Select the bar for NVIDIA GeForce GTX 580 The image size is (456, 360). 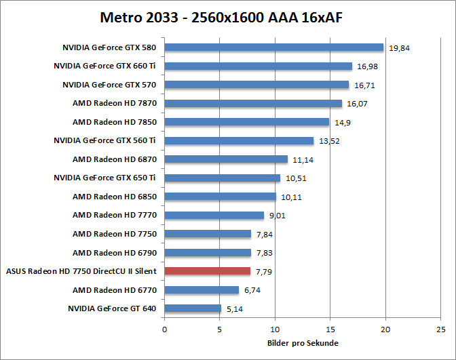coord(274,47)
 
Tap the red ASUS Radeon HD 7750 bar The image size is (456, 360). coord(208,271)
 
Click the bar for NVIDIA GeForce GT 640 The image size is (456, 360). coord(193,308)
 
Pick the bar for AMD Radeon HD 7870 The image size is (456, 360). coord(253,103)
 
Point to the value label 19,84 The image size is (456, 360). coord(400,48)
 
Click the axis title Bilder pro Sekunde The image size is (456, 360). coord(303,343)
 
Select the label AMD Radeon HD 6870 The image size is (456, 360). coord(115,159)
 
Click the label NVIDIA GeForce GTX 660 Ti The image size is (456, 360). coord(105,66)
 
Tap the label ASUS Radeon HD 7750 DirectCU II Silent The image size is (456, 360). coord(81,271)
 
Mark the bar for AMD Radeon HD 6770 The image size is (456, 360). coord(202,289)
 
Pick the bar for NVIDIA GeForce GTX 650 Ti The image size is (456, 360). coord(223,178)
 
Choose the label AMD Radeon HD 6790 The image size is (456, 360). coord(115,252)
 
